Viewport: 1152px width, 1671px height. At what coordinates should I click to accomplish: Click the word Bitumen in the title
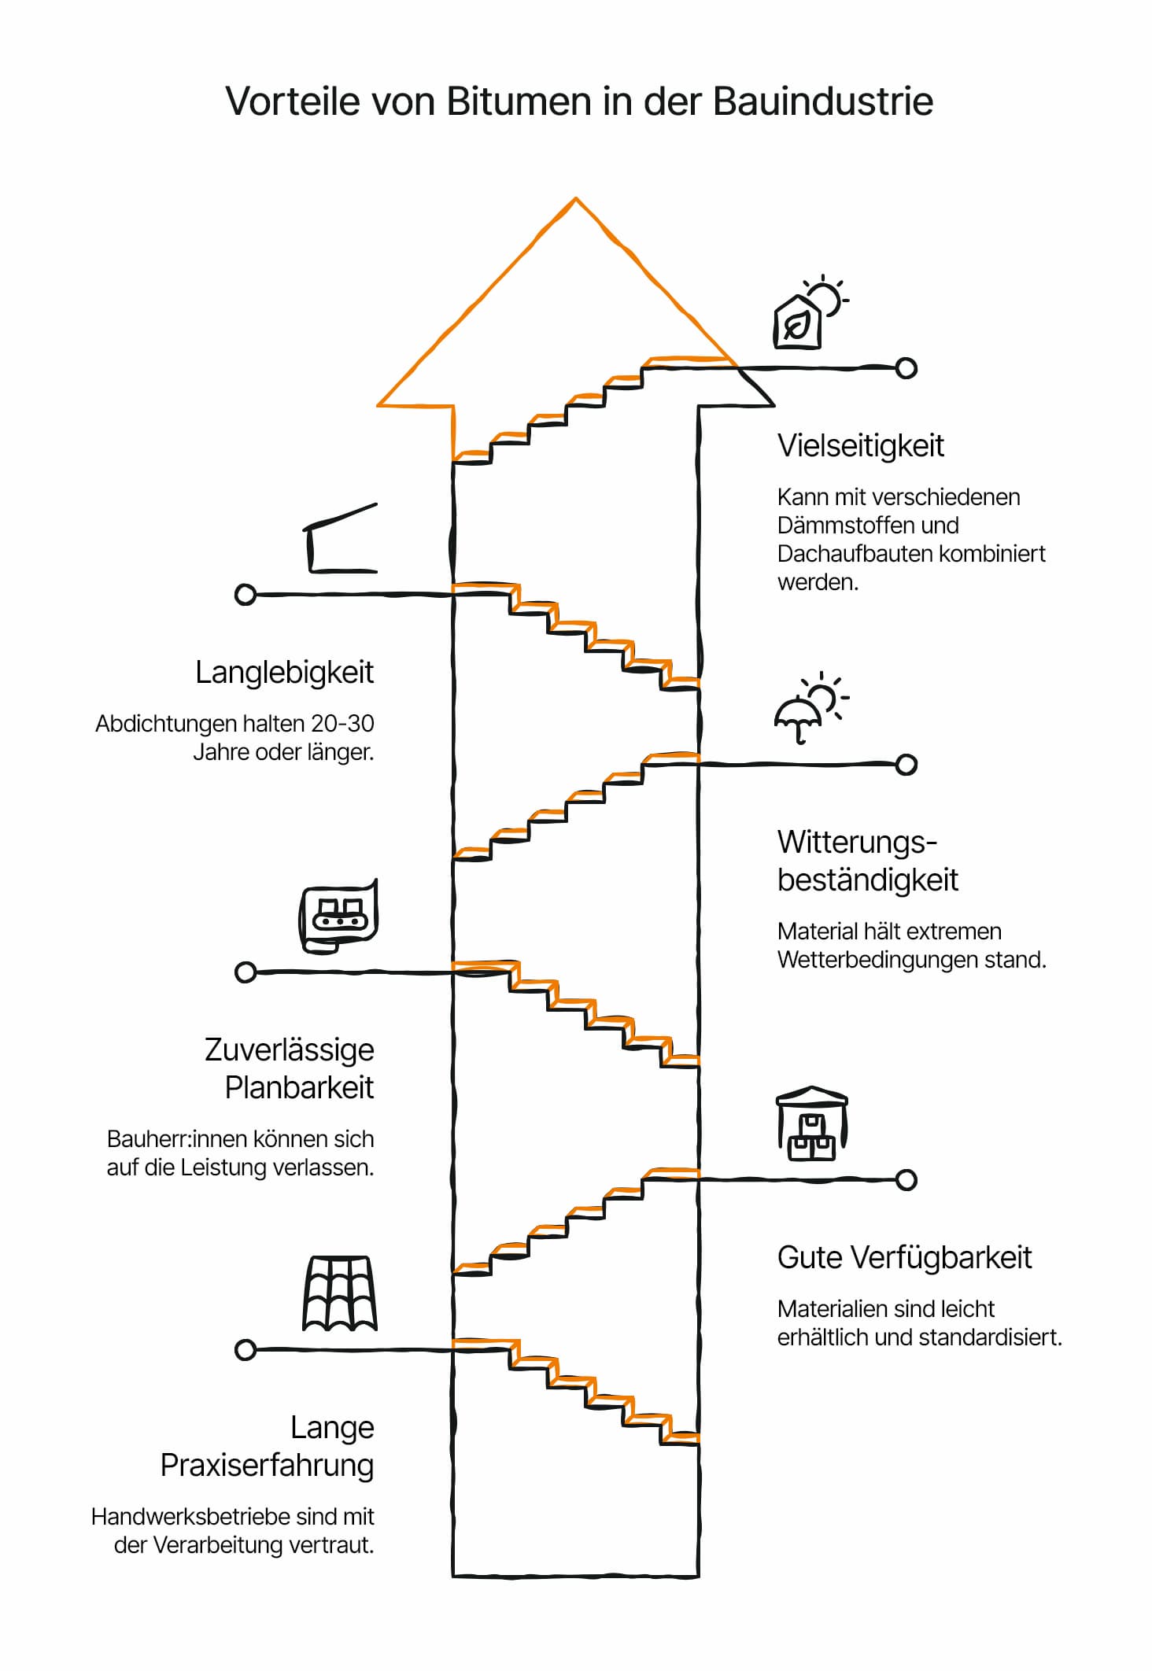(x=519, y=101)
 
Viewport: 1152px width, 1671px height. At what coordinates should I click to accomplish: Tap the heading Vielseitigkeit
(x=860, y=446)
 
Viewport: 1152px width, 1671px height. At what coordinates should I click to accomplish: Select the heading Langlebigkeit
(x=285, y=673)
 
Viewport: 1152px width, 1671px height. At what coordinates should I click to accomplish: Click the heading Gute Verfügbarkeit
(x=904, y=1258)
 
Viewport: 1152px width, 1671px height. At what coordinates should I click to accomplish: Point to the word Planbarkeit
(x=300, y=1088)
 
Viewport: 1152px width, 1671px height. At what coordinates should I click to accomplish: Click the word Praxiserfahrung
(x=268, y=1466)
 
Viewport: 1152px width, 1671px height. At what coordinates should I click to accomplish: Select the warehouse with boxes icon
(x=812, y=1124)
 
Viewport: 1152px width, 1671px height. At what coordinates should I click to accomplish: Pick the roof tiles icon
(x=340, y=1293)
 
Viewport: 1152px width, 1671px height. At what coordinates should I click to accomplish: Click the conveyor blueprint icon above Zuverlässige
(x=339, y=916)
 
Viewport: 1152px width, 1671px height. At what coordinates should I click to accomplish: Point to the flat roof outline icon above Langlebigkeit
(x=341, y=538)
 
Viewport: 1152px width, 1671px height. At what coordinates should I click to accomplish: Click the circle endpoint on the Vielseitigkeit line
(x=906, y=367)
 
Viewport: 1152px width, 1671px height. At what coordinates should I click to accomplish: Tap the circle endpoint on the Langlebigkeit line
(x=246, y=595)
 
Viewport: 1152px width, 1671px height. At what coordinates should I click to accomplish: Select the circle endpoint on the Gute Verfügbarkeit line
(x=906, y=1180)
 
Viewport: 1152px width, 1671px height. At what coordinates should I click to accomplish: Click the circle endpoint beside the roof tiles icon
(x=246, y=1350)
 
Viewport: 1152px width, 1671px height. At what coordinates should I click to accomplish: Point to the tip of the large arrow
(x=576, y=198)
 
